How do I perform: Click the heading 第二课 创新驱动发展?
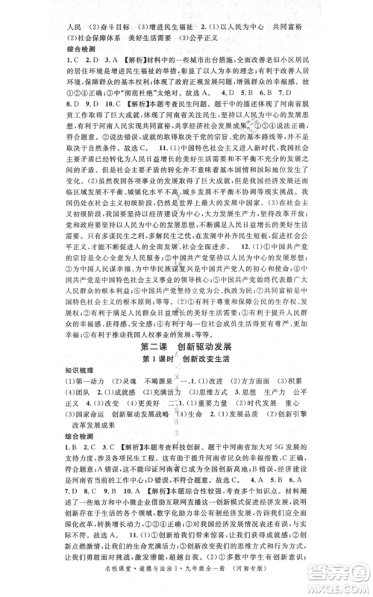(186, 348)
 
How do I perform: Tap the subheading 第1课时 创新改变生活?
(186, 360)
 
